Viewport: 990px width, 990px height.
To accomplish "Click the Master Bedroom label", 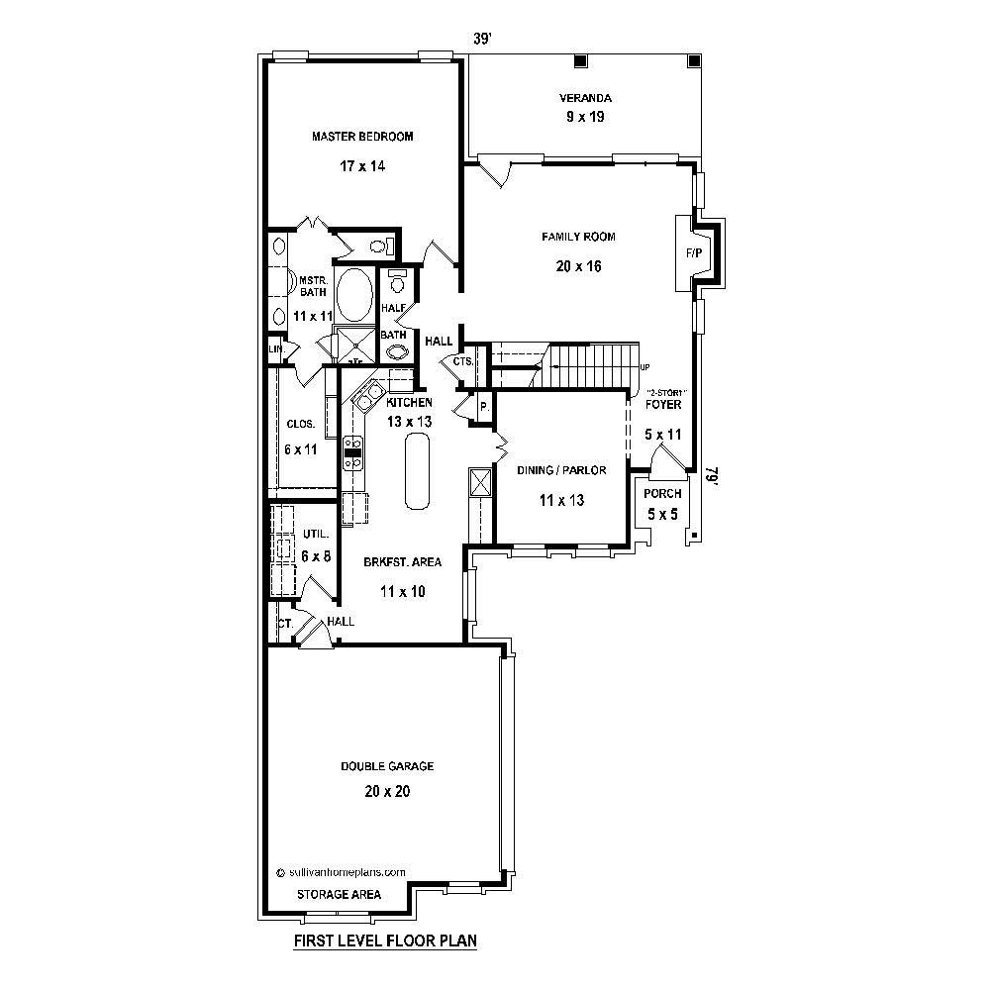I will tap(362, 137).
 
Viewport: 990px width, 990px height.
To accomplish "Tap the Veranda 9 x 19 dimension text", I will tap(584, 117).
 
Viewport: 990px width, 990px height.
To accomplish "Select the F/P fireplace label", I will tap(693, 253).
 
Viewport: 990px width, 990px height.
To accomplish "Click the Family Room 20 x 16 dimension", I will tap(578, 266).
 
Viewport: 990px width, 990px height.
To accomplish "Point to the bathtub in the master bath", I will tap(355, 294).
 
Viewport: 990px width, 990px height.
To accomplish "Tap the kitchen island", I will tap(417, 473).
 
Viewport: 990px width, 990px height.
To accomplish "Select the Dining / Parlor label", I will tap(560, 471).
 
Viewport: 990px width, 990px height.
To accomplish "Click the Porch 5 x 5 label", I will tap(661, 502).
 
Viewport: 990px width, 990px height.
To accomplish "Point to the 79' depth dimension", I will tap(710, 478).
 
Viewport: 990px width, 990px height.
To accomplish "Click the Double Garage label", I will tap(387, 766).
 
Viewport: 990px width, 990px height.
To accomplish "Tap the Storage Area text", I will tap(340, 894).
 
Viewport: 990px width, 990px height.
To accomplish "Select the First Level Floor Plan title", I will tap(385, 941).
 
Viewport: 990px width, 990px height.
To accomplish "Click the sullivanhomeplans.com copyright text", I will tap(342, 872).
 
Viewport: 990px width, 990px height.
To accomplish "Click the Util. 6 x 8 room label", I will tap(316, 545).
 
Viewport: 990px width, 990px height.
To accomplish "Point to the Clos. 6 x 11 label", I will tap(301, 437).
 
